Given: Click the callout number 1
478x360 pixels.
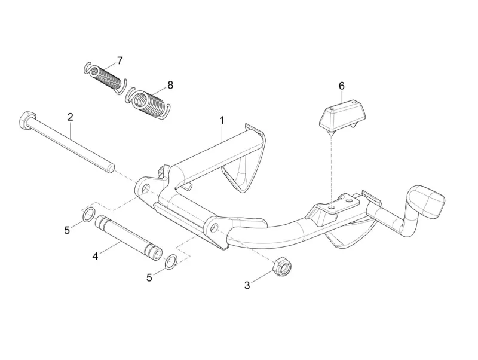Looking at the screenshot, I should click(x=222, y=120).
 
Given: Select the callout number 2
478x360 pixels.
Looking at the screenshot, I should click(x=70, y=117).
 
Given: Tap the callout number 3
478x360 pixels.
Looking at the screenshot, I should click(x=247, y=285).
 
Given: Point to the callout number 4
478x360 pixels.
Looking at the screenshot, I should click(x=94, y=256).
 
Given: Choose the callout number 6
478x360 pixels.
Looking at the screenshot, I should click(x=342, y=86).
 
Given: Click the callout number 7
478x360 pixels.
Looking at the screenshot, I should click(x=119, y=60).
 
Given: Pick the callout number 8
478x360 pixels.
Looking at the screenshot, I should click(x=170, y=85).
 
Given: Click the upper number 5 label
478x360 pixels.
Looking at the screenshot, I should click(x=68, y=229).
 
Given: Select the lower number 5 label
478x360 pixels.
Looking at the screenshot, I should click(x=149, y=277).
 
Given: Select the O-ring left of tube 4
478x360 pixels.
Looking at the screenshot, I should click(x=88, y=214).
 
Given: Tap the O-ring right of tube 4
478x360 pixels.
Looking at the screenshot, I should click(x=170, y=261).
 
